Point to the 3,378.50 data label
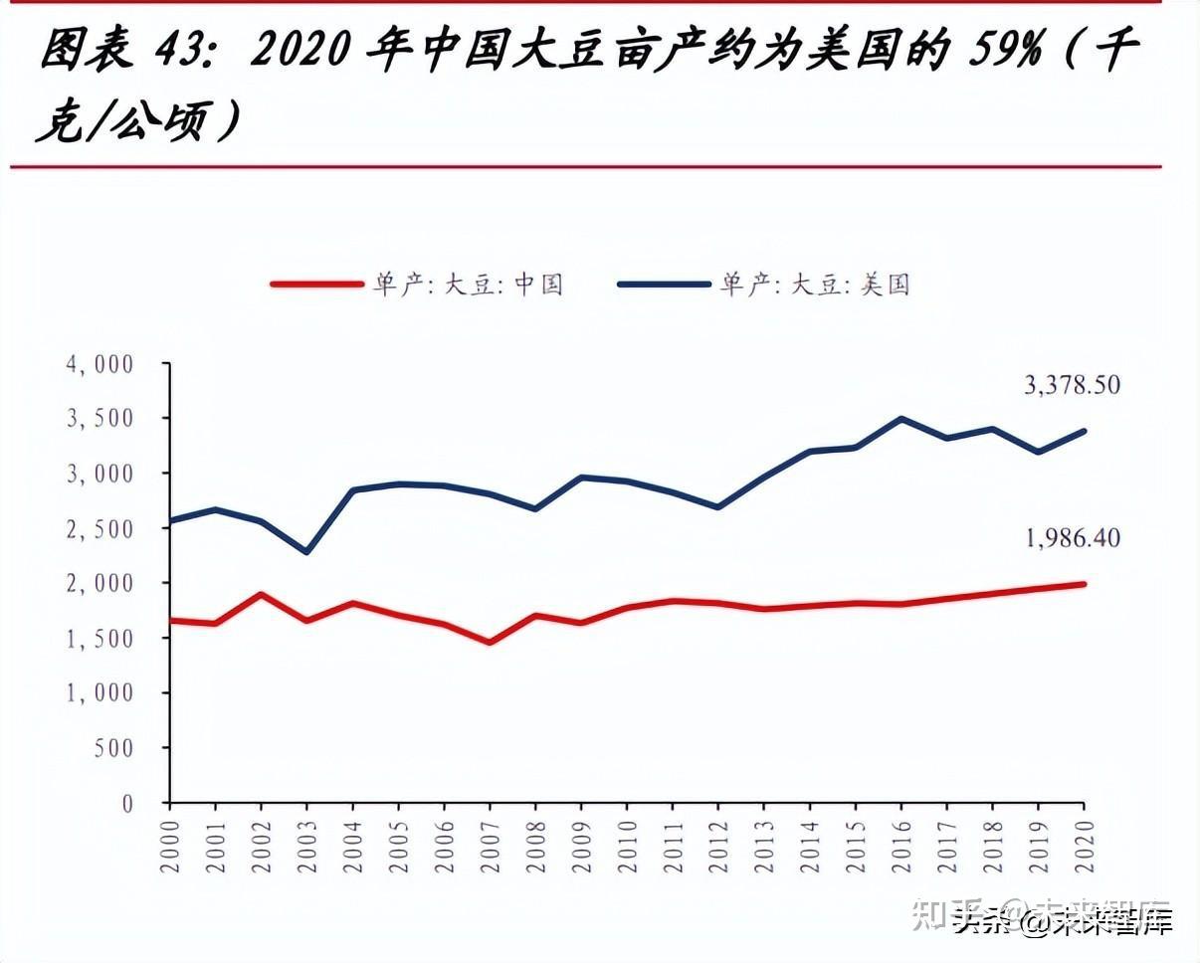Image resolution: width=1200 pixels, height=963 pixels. pos(1072,385)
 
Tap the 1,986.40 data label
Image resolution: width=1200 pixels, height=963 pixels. pos(1072,538)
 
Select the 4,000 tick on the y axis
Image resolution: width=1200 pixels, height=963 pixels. pos(100,364)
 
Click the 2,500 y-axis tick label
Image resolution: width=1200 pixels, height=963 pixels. pos(100,528)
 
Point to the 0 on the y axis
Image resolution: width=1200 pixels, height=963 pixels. pos(127,803)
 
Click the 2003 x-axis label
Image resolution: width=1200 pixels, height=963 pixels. pos(307,847)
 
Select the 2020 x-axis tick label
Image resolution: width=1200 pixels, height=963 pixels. pos(1085,847)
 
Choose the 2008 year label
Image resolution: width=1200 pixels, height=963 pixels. pos(536,847)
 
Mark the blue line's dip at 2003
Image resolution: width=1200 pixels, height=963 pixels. pos(306,552)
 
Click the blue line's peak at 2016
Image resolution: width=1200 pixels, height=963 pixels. pos(901,419)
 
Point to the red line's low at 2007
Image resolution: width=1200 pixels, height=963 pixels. pos(490,643)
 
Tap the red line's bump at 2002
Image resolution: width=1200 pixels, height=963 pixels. pos(261,594)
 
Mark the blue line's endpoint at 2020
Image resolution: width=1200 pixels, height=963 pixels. pos(1084,431)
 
